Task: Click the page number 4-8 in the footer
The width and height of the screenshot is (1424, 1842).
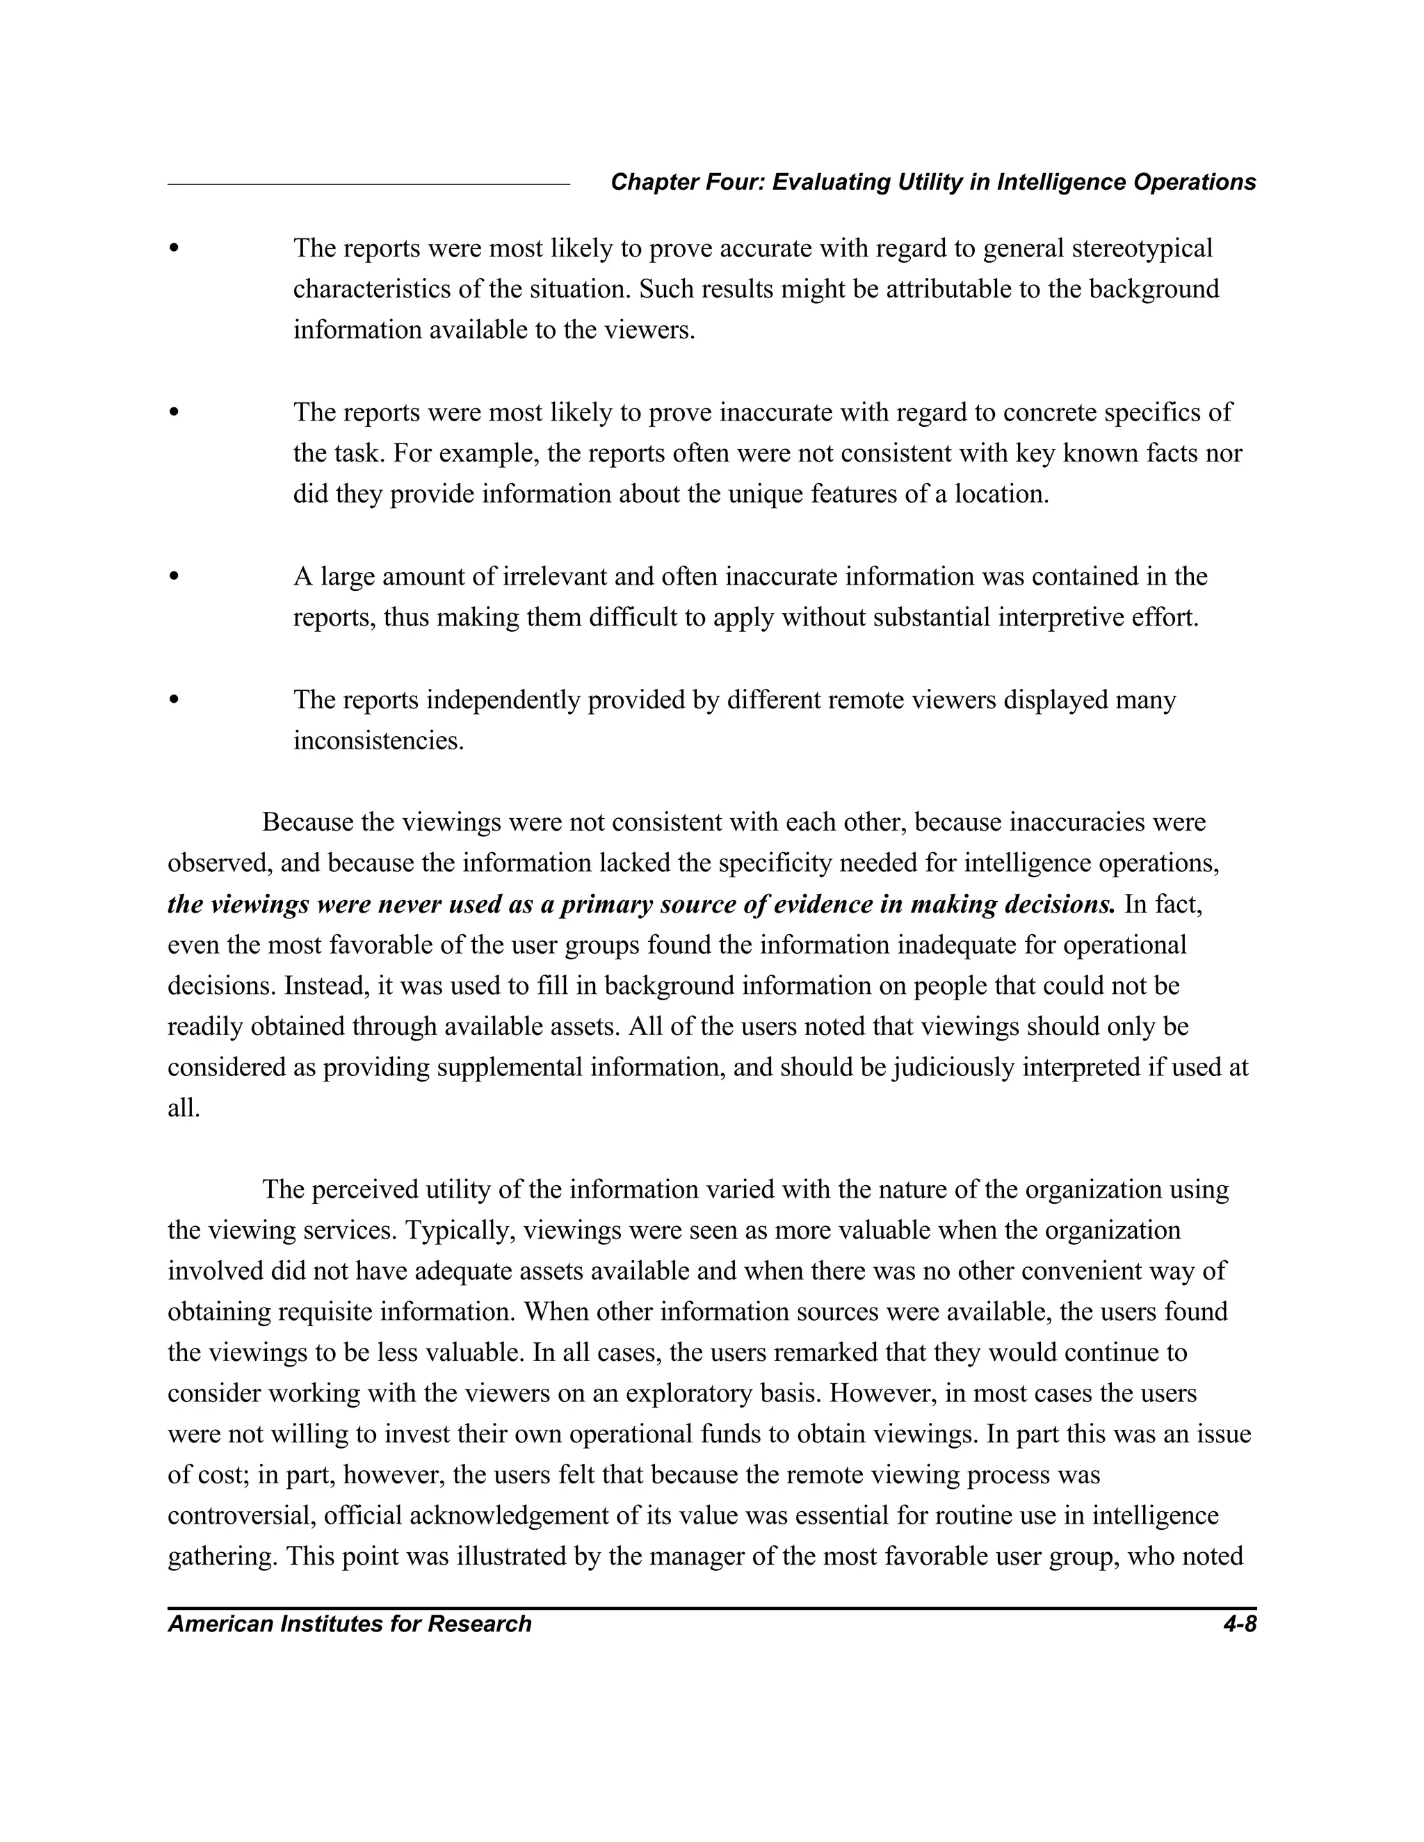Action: click(x=1239, y=1624)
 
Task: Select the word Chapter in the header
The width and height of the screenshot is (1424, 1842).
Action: click(x=645, y=182)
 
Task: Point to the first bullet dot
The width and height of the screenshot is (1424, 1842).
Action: click(x=174, y=248)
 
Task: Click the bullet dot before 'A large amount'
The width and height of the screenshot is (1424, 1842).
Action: click(x=174, y=576)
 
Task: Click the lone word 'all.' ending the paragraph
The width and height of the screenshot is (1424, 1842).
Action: click(x=184, y=1108)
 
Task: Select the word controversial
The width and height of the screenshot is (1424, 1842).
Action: click(x=241, y=1515)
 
